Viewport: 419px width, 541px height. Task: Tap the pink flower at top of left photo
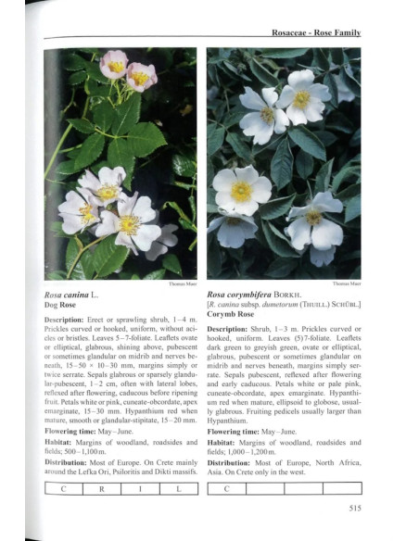point(115,65)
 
